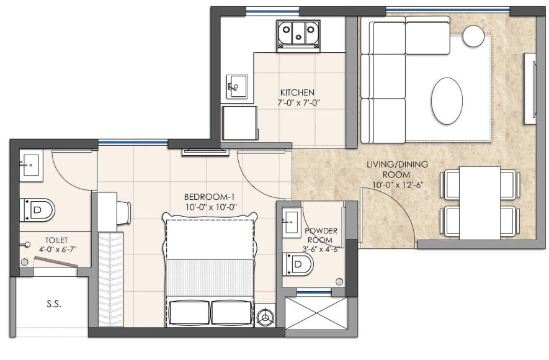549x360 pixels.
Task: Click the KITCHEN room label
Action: pos(297,93)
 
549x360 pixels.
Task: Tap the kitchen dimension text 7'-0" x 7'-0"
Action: pos(299,103)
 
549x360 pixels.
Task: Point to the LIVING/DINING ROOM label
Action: pos(397,169)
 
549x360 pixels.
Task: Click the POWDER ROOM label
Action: pos(321,235)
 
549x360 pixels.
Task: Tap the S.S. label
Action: pos(54,304)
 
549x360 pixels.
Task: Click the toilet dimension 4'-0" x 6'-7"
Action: pos(58,250)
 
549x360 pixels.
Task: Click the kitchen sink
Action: pos(237,86)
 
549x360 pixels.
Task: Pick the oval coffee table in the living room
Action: pos(447,101)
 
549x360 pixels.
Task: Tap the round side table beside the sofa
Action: pos(474,35)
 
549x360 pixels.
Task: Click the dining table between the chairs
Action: pos(480,203)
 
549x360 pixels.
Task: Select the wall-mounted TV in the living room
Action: pos(530,89)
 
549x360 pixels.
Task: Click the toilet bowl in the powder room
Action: pos(298,264)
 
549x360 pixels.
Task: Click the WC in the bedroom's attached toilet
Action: pos(37,210)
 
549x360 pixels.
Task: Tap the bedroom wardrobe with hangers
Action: pos(110,279)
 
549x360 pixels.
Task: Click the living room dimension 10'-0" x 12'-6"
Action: pos(398,185)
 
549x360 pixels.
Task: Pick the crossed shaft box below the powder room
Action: pos(317,313)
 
